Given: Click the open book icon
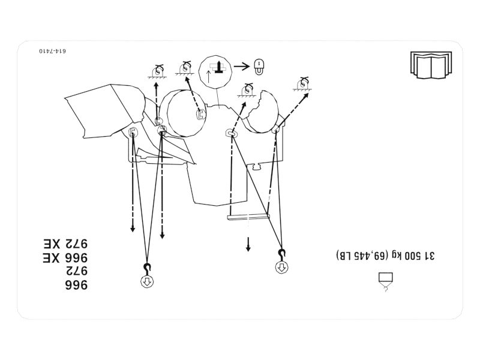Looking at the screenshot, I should tap(431, 65).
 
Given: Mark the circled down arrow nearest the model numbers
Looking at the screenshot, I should tap(147, 281).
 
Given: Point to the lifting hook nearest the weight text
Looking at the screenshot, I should tap(281, 254).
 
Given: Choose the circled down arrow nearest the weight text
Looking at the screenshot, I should tap(281, 268).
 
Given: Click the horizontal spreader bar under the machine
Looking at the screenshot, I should tap(248, 218).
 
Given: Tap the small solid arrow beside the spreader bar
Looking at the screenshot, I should tap(248, 244).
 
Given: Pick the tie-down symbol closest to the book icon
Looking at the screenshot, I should tap(304, 84).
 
